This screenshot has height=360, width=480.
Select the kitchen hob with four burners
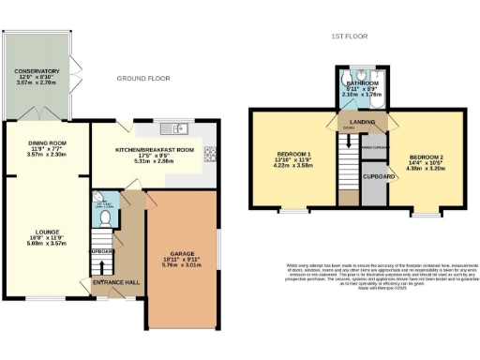pyautogui.click(x=211, y=155)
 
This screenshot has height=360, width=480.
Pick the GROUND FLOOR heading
pyautogui.click(x=143, y=79)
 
